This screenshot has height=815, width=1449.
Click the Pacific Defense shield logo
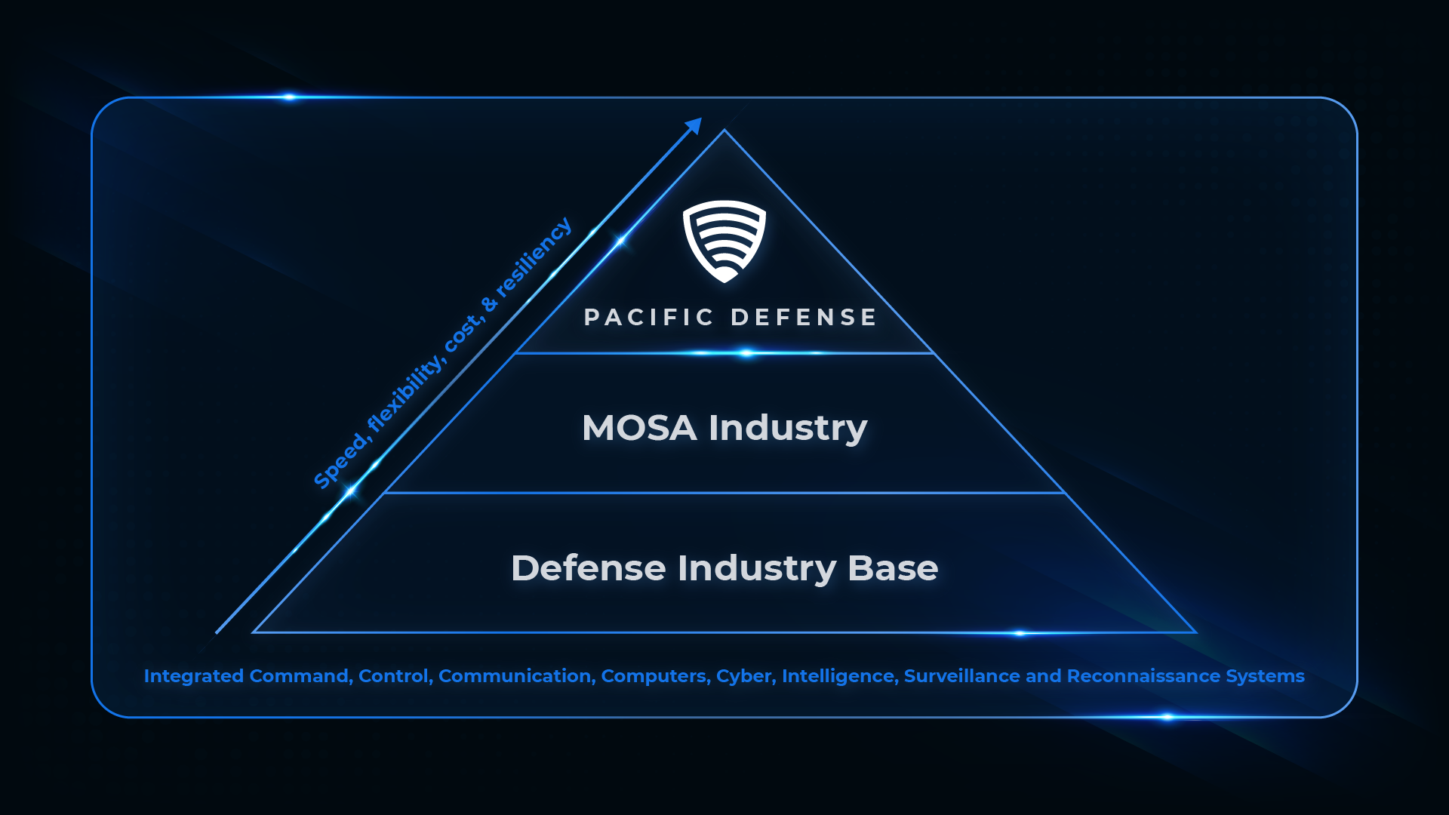[x=724, y=241]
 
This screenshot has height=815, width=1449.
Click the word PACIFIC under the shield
[x=648, y=318]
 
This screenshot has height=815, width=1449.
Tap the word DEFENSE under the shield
[x=804, y=318]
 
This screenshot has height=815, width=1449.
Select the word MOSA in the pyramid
[x=639, y=428]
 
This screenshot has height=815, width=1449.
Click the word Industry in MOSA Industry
[x=788, y=429]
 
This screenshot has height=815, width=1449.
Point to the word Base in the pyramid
[x=893, y=568]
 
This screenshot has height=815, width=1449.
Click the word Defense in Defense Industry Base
[x=589, y=568]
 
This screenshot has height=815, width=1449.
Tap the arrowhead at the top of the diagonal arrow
[x=694, y=125]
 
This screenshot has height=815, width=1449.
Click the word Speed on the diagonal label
[x=340, y=463]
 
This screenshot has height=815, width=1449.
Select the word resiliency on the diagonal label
[x=535, y=257]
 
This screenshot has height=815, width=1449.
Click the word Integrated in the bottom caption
[x=194, y=676]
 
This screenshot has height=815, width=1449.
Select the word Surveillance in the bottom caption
[x=962, y=676]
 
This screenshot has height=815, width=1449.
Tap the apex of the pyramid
[x=724, y=131]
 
